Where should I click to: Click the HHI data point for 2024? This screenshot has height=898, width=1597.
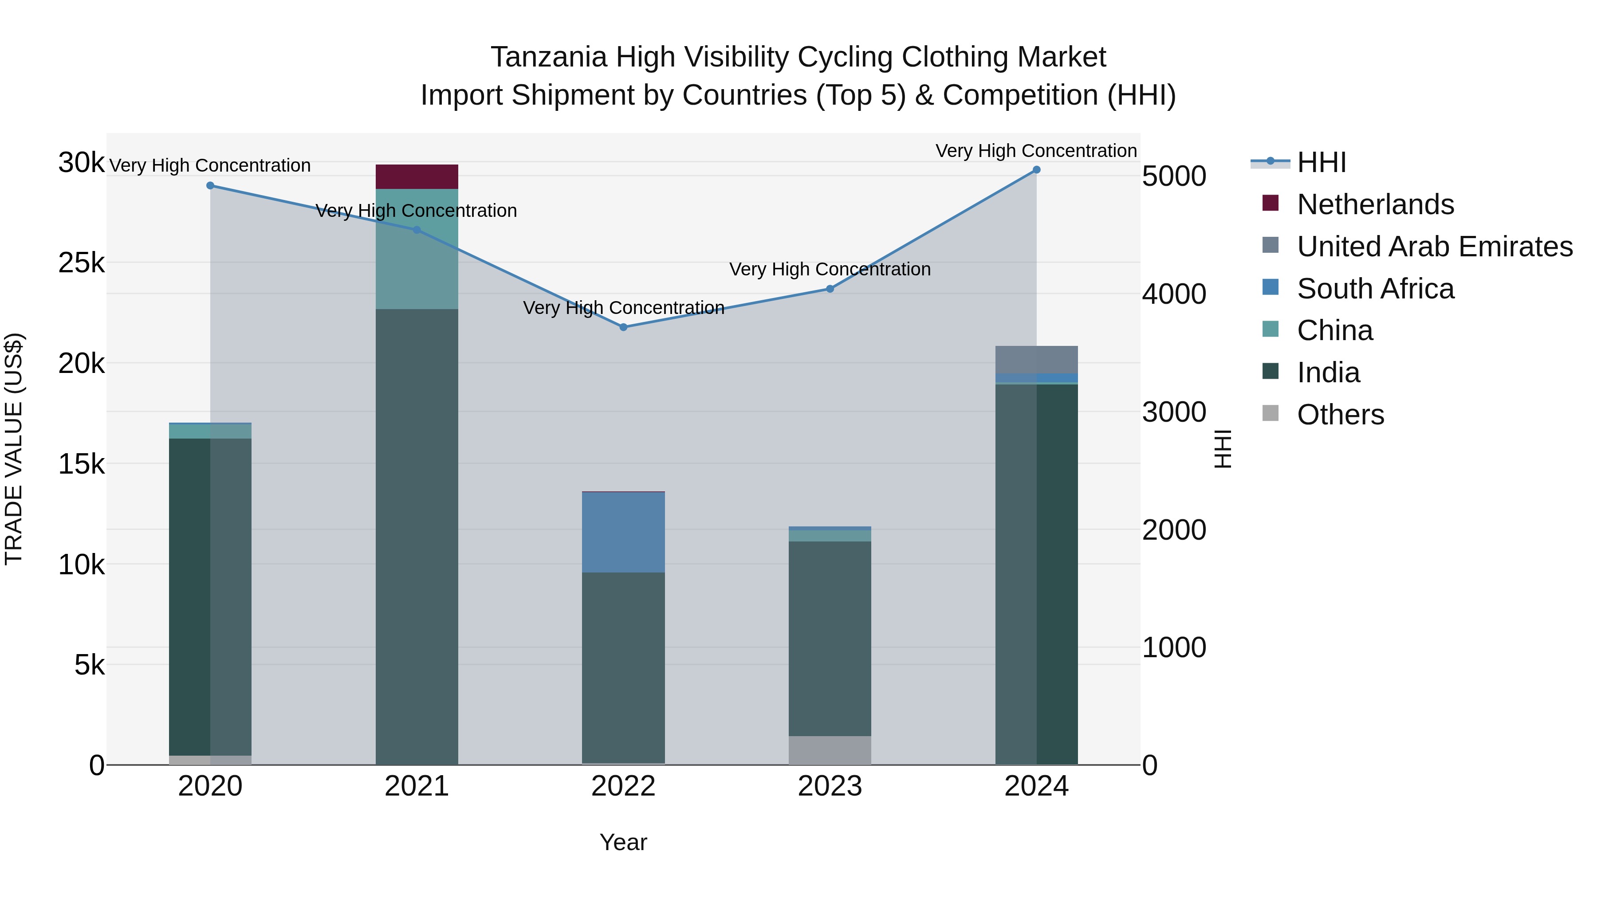pos(1036,170)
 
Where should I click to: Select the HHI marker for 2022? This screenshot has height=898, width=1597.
pos(624,327)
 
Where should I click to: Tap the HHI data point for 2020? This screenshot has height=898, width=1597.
pos(210,186)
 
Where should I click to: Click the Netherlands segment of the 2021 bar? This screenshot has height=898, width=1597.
pos(417,176)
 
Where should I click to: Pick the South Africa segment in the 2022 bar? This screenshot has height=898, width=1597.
pos(624,532)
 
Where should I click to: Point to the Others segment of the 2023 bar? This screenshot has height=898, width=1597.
pos(830,750)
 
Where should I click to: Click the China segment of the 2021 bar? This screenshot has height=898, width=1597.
pos(417,248)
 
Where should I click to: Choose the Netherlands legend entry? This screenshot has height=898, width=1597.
pos(1375,204)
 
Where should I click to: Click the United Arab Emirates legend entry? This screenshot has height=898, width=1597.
pos(1435,247)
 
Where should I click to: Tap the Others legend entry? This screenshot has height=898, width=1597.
pos(1340,415)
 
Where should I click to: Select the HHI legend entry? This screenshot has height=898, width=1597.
pos(1321,162)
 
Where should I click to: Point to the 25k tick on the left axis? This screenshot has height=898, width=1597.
pos(81,263)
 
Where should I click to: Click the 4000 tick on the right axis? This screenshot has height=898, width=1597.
pos(1173,294)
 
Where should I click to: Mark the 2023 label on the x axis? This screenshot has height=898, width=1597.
pos(830,786)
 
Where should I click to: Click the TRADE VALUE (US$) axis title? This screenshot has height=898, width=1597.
pos(14,449)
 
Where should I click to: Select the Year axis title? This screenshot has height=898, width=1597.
pos(623,842)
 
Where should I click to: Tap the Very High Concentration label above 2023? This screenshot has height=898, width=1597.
pos(830,270)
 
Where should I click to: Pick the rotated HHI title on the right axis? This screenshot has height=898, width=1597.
pos(1223,449)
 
